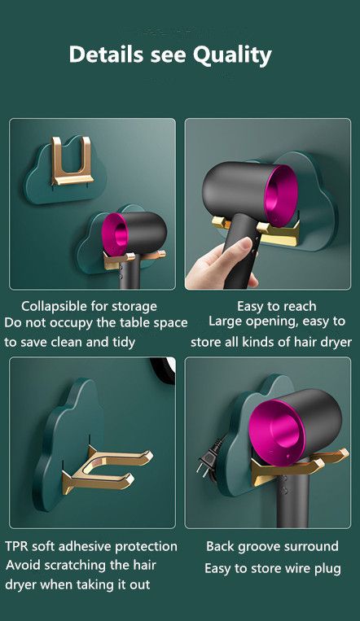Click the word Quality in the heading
point(232,56)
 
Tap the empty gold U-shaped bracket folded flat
point(72,161)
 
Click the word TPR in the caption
point(16,547)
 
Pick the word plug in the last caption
point(327,570)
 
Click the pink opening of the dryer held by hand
point(281,195)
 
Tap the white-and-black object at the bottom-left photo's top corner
point(165,370)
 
